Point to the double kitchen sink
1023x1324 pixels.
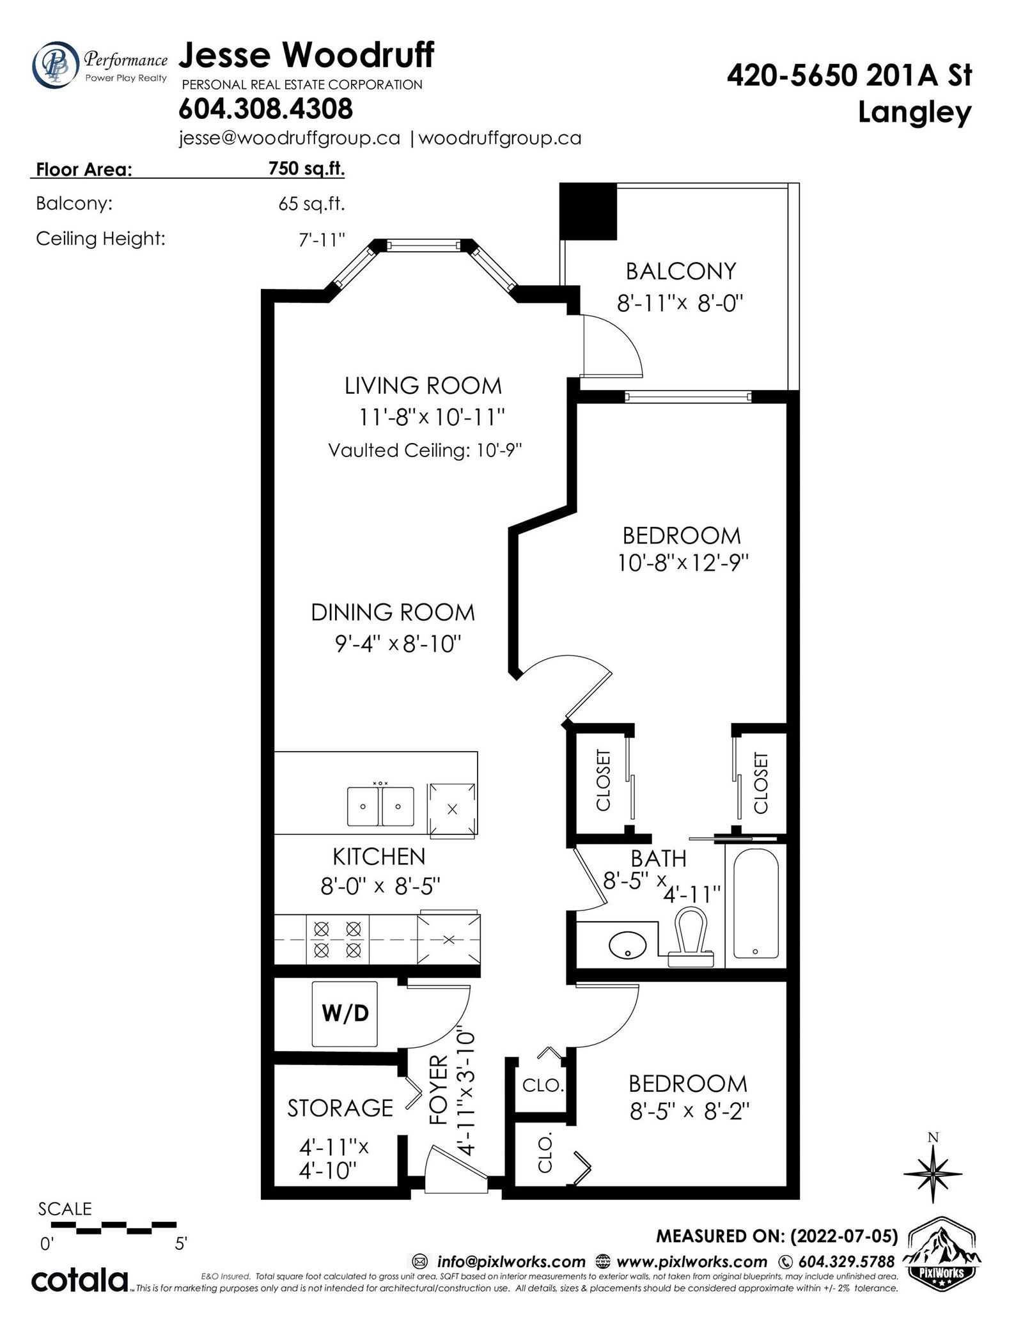pos(381,806)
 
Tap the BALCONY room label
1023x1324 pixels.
pos(680,272)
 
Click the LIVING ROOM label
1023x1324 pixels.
pos(423,386)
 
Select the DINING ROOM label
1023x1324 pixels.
pos(393,612)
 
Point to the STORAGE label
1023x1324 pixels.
pos(340,1107)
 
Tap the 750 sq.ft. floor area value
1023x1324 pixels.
pos(306,168)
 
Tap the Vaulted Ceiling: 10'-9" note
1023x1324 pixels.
pos(425,451)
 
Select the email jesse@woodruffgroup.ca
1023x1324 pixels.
pos(290,139)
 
